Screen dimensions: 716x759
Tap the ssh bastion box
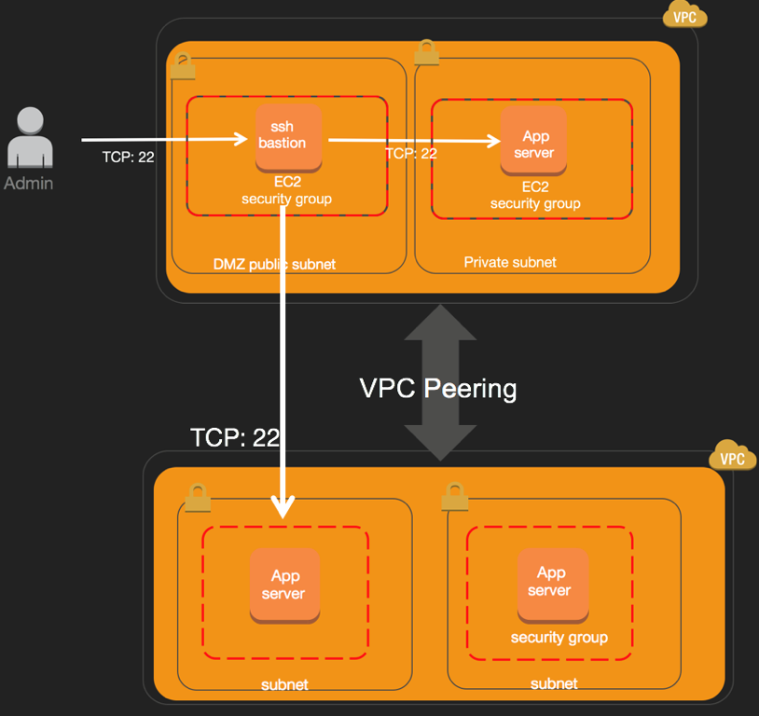288,136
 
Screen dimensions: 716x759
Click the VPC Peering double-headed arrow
440,382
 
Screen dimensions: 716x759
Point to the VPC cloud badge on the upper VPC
685,16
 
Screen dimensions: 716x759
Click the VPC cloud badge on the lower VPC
733,457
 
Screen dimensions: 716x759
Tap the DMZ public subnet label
274,264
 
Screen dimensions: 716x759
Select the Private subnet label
510,262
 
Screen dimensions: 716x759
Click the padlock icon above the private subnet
426,52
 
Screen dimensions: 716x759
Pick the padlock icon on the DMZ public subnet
182,66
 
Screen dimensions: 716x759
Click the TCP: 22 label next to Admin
128,157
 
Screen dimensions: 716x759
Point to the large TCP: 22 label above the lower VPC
234,437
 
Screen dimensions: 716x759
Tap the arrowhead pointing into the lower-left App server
283,505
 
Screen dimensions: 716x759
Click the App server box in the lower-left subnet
284,585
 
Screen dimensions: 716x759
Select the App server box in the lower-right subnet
551,582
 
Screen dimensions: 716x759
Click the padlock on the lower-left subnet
197,497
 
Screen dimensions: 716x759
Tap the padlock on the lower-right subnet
453,494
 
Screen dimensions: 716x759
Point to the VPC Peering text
438,388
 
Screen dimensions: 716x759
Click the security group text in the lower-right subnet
559,638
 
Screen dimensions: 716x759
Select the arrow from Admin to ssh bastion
168,140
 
